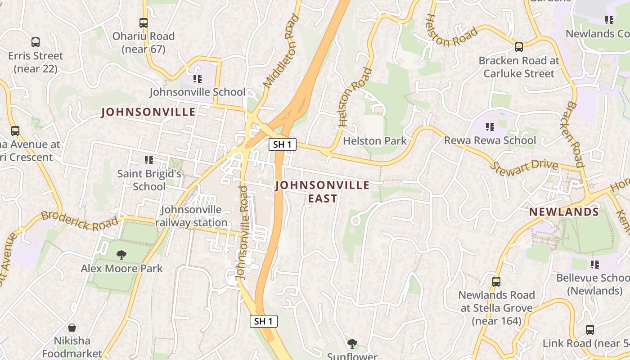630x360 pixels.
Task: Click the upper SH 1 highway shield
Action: [283, 144]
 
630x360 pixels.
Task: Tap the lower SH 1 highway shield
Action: [264, 321]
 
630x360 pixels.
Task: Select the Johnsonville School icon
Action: [197, 79]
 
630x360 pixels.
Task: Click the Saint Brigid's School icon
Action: [149, 160]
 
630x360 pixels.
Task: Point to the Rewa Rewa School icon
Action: [490, 127]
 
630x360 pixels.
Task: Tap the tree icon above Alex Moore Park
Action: [121, 255]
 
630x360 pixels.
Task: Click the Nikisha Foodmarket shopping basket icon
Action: [72, 328]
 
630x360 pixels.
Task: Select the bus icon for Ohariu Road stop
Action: [144, 22]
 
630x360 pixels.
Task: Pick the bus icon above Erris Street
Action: [36, 42]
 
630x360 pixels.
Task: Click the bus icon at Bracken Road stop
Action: [519, 47]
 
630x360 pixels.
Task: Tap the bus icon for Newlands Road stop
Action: [496, 282]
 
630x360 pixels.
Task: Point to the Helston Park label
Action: [374, 141]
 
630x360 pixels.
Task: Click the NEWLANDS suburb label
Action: [564, 212]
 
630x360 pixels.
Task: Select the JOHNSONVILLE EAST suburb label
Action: [322, 192]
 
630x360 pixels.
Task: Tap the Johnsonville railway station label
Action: [191, 216]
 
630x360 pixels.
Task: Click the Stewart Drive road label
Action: [524, 166]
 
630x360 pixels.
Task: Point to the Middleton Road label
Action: [281, 50]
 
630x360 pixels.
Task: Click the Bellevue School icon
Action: [595, 265]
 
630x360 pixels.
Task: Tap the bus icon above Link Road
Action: [590, 330]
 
